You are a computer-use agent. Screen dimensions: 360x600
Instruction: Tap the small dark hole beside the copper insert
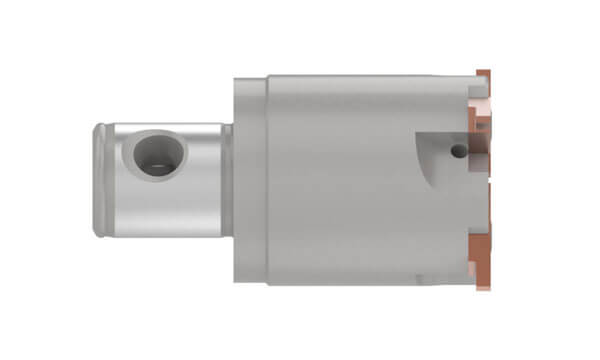456,151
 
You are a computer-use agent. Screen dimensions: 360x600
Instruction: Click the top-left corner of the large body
268,76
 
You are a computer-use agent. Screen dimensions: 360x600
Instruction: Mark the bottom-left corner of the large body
268,284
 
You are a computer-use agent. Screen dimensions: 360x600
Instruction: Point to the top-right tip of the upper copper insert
490,71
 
